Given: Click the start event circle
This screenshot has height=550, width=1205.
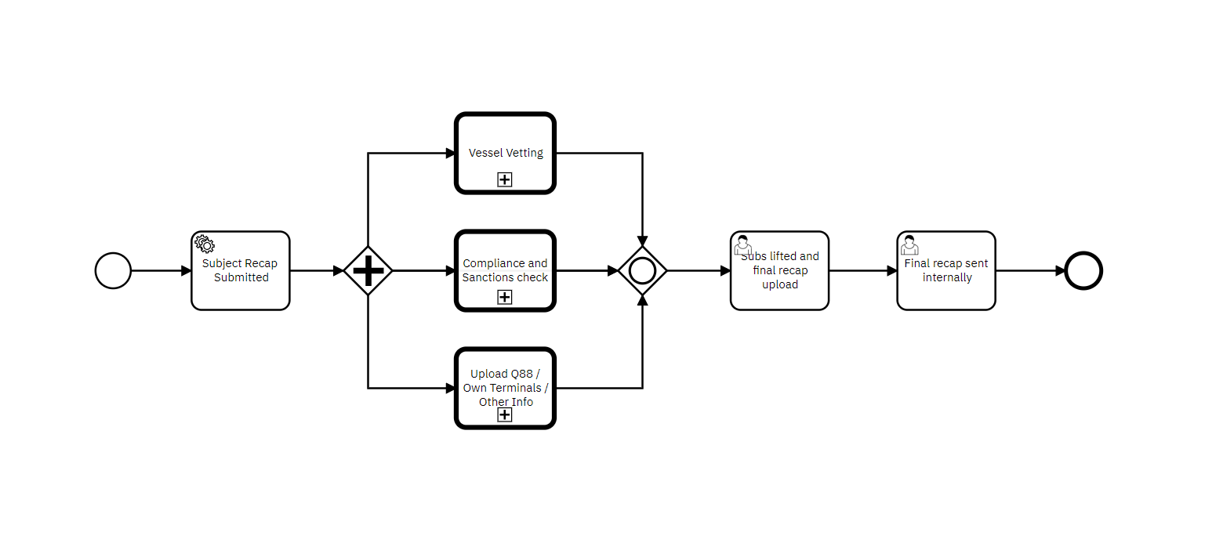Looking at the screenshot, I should point(113,270).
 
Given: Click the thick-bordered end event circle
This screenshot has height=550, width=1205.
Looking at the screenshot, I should point(1083,270).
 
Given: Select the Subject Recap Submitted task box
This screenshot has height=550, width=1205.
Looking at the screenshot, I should point(241,282).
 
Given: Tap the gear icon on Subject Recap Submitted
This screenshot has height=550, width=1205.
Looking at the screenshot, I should point(205,244).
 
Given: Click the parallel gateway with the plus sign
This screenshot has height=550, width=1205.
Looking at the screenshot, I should point(368,270).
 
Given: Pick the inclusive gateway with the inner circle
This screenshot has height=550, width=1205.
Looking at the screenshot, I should point(642,270).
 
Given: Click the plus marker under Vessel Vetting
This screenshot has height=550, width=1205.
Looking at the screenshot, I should point(505,179).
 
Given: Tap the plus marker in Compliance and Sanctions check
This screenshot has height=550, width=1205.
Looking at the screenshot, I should point(505,297).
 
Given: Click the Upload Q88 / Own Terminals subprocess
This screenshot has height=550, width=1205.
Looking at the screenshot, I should point(505,380).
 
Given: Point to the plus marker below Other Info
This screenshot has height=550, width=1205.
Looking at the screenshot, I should point(505,414).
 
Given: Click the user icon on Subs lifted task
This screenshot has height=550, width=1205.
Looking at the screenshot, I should point(742,245).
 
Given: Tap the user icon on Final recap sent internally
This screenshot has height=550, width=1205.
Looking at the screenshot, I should point(909,245).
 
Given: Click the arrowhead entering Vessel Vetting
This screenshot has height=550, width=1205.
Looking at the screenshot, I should point(450,153).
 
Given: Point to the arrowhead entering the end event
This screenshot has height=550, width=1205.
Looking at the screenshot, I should point(1059,270).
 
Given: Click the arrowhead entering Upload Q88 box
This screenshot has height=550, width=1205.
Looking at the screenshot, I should point(450,388).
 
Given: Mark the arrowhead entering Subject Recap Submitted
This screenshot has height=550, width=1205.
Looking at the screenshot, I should point(186,270).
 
